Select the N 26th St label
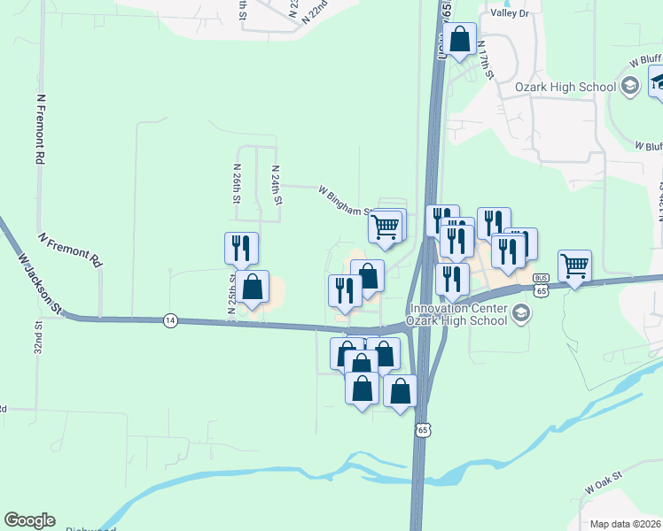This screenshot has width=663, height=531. (238, 184)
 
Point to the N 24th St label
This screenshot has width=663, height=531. (277, 185)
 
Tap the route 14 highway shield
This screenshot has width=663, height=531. (168, 319)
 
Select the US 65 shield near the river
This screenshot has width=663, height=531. (424, 429)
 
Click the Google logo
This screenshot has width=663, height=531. (29, 520)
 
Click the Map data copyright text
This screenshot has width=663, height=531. (626, 524)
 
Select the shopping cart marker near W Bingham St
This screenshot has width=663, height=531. (386, 227)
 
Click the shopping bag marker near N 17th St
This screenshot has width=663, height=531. (460, 39)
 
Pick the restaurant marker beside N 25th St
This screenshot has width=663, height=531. (240, 249)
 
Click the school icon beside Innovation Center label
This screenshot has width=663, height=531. (520, 312)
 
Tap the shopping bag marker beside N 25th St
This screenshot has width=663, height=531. (253, 287)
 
